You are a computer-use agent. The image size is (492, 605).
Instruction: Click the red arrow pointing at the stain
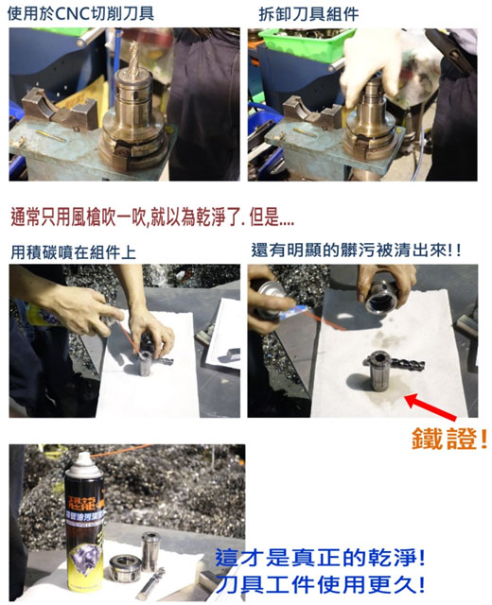click(431, 406)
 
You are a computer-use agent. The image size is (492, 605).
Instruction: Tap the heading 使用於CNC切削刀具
click(81, 14)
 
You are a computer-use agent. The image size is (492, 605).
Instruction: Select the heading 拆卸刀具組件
click(309, 15)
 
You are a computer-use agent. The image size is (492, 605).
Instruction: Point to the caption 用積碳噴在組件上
click(74, 252)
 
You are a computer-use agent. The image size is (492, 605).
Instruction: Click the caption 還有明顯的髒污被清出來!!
click(356, 250)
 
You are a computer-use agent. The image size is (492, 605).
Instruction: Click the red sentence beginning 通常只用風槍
click(152, 216)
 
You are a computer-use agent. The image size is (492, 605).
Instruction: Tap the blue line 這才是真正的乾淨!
click(320, 558)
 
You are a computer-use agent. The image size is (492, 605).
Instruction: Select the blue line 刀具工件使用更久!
click(320, 584)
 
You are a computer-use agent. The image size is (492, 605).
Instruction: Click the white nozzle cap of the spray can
click(84, 461)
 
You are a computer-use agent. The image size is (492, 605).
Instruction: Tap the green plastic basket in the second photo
click(305, 43)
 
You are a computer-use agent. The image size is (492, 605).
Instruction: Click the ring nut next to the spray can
click(125, 568)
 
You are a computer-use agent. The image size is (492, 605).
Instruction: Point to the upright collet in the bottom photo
click(149, 552)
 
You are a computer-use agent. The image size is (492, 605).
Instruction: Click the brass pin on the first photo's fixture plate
click(51, 136)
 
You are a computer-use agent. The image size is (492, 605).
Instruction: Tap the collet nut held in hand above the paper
click(380, 299)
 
